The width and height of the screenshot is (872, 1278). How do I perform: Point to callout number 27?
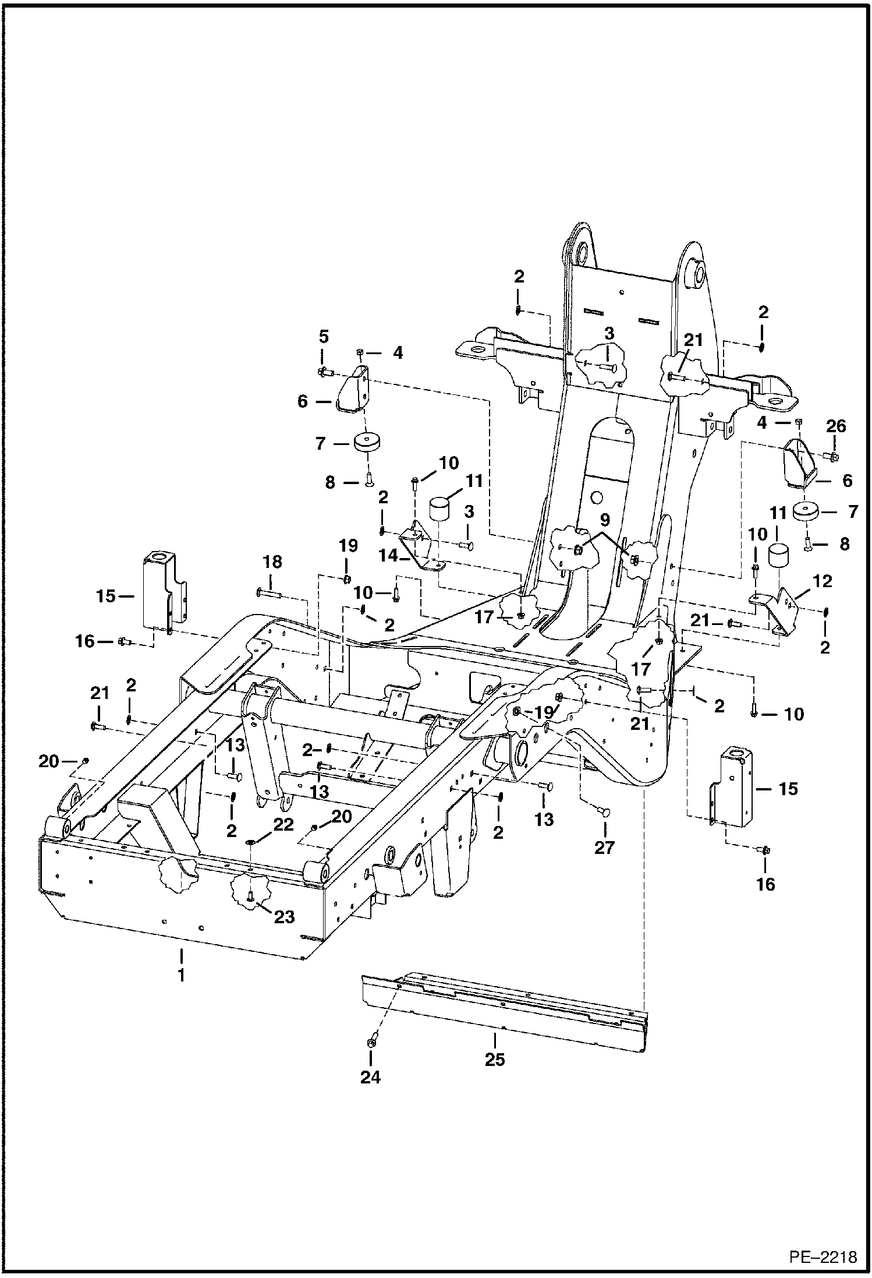604,847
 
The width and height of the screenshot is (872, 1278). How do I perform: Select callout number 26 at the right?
836,426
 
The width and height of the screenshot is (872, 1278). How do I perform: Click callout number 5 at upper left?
324,337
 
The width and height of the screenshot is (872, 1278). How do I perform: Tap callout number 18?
272,563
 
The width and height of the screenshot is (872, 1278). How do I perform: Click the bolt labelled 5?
324,371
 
